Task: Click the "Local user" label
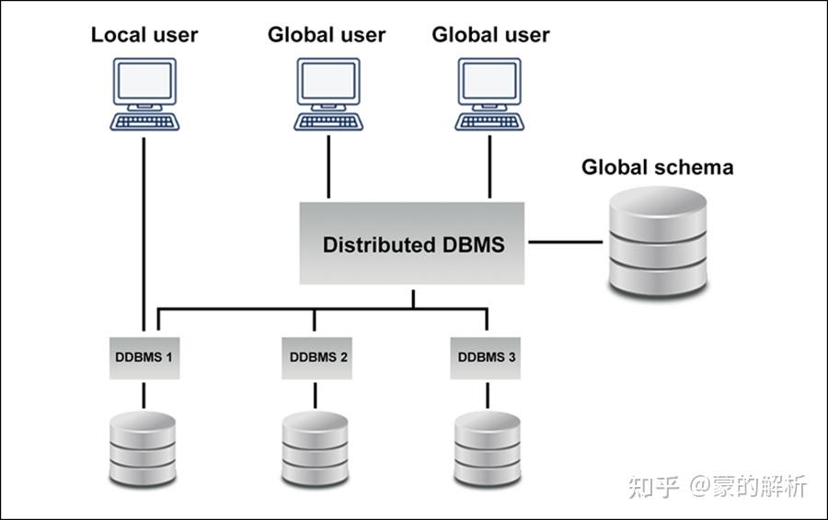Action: [x=144, y=36]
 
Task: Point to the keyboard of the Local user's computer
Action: [x=144, y=120]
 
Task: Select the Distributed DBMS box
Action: [x=413, y=244]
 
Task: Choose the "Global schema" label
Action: [x=657, y=167]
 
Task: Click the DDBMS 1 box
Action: [x=144, y=356]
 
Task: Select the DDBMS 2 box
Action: [x=315, y=356]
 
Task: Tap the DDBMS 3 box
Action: [x=486, y=356]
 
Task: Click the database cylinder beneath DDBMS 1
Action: [x=143, y=449]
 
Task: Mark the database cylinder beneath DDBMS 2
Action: [x=315, y=449]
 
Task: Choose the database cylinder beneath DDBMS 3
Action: [x=487, y=449]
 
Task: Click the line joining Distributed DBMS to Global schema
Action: [x=564, y=243]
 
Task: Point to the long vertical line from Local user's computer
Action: [x=144, y=230]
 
